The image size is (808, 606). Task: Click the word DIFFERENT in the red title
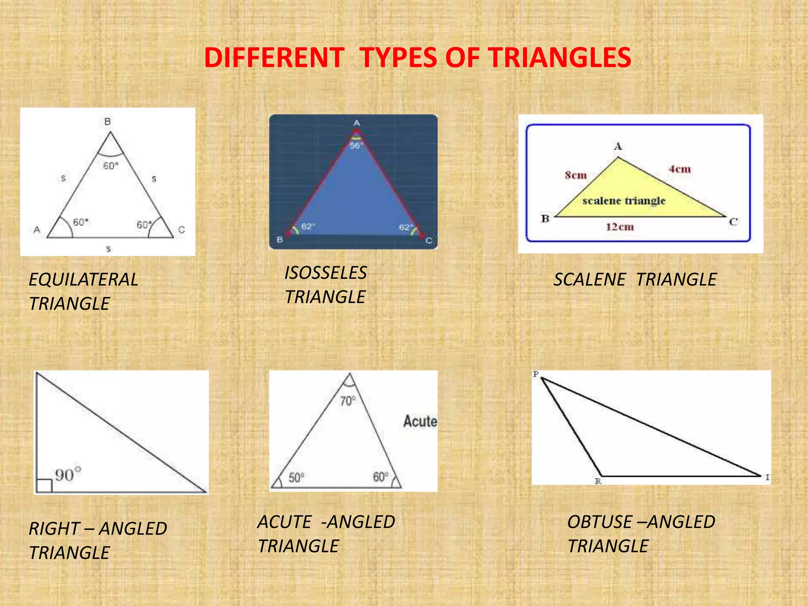pos(274,58)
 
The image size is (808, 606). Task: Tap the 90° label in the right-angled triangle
pos(68,474)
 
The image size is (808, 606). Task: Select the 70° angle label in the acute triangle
pos(348,401)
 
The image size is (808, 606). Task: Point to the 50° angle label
pos(296,478)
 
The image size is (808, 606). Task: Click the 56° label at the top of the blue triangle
pos(356,146)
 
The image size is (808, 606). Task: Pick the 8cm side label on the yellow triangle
pos(576,175)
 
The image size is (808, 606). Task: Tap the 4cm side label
pos(679,169)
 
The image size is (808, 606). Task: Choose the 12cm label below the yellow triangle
pos(619,227)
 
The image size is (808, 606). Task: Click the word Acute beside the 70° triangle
pos(420,421)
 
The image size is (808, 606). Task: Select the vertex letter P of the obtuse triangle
pos(535,374)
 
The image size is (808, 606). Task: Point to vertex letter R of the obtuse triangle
pos(598,481)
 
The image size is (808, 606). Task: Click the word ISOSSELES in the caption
pos(325,273)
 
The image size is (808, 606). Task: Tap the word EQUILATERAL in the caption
pos(84,280)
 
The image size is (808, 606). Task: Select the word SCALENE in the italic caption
pos(589,280)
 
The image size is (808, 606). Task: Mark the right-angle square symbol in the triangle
pos(44,486)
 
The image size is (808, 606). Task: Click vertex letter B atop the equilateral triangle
pos(107,122)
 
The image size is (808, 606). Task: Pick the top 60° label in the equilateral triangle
pos(110,166)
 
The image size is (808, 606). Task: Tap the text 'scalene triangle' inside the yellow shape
pos(624,201)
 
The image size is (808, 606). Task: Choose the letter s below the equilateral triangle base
pos(108,249)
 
